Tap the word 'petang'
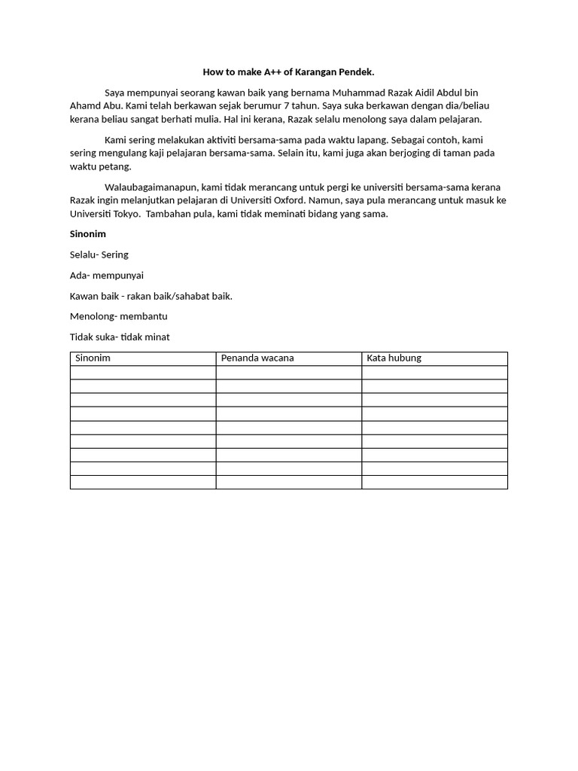click(115, 166)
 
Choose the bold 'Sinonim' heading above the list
click(88, 234)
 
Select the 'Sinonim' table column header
click(93, 358)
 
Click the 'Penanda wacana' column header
click(257, 358)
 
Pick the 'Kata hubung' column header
click(394, 358)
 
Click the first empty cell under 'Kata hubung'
click(434, 373)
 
